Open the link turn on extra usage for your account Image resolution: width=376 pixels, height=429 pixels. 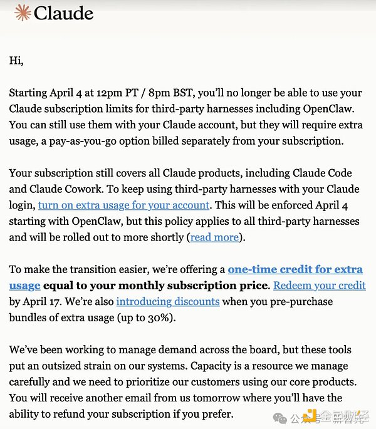123,205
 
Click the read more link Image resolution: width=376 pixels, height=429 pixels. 214,237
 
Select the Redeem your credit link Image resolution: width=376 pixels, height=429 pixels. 320,286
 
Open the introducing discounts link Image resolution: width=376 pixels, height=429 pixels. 168,301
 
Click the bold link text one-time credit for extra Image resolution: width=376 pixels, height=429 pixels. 295,269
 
